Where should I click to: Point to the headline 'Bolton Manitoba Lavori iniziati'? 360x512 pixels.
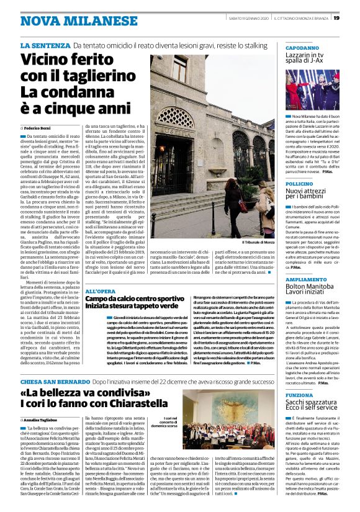312,292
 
